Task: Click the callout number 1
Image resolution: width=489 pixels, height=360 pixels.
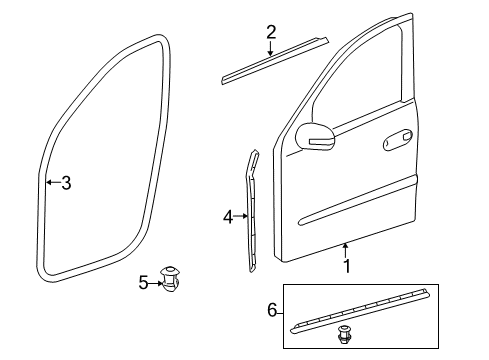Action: click(347, 266)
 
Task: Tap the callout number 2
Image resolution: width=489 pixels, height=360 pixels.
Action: click(271, 32)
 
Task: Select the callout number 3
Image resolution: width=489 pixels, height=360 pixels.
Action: click(66, 183)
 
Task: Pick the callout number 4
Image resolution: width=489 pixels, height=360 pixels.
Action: click(228, 217)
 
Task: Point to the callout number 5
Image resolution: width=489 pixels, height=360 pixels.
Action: click(143, 283)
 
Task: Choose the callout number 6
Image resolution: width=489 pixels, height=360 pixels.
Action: click(272, 310)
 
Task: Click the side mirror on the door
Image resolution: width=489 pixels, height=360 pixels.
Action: click(315, 136)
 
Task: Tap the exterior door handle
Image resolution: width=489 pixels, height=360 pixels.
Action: click(398, 139)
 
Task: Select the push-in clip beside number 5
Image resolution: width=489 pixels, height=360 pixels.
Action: click(171, 279)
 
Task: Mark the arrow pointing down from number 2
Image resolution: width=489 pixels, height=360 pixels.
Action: click(271, 48)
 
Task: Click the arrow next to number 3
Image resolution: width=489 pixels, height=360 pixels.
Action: click(53, 182)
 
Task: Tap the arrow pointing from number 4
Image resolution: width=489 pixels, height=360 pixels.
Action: click(240, 216)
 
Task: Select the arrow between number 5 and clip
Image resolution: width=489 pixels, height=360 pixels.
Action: click(156, 284)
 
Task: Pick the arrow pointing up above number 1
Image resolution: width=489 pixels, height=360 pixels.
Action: click(346, 250)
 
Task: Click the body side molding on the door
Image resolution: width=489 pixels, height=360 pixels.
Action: click(359, 201)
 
